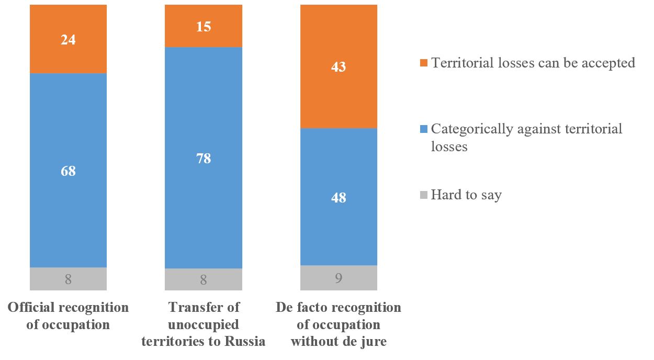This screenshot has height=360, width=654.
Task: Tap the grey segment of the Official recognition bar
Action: coord(68,279)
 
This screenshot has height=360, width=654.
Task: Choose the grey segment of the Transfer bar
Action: coord(204,279)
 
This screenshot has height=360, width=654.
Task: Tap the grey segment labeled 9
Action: coord(339,278)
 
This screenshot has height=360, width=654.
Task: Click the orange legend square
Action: coord(423,63)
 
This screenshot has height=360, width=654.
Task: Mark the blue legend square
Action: coord(423,129)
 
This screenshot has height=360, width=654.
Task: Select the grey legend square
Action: coord(423,195)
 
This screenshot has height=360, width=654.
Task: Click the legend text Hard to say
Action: coord(466,195)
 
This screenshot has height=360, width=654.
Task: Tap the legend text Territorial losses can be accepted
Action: coord(533,63)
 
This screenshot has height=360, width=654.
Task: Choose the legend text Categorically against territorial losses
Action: coord(526,138)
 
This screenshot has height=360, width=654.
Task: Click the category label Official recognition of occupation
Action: coord(68,316)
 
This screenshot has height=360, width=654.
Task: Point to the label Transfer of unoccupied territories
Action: coord(204,324)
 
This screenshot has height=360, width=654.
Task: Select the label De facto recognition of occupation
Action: coord(339,324)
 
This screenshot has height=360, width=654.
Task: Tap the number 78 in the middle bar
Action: coord(204,158)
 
